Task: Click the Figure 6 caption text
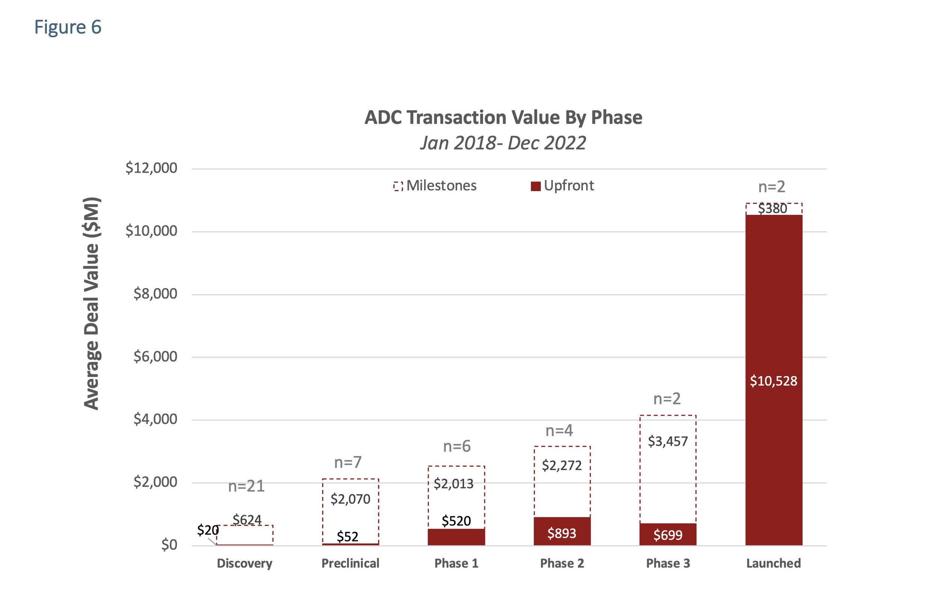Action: click(x=68, y=27)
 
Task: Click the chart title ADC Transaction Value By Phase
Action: click(x=503, y=118)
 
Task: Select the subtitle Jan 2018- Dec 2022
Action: click(x=503, y=143)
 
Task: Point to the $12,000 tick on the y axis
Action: click(x=151, y=168)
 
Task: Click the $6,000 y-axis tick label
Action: click(x=155, y=356)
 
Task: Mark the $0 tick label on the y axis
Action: click(x=169, y=545)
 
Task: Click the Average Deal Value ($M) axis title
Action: click(x=92, y=303)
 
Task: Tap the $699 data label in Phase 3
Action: click(x=668, y=535)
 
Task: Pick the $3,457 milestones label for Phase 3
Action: click(x=668, y=441)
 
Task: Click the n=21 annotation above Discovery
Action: click(x=246, y=486)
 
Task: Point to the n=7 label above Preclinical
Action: click(x=348, y=463)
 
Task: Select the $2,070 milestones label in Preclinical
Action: click(x=350, y=499)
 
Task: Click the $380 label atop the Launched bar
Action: click(x=772, y=209)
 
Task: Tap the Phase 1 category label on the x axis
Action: click(x=456, y=563)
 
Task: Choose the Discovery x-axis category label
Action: click(x=245, y=563)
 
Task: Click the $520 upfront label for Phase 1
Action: click(x=456, y=521)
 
